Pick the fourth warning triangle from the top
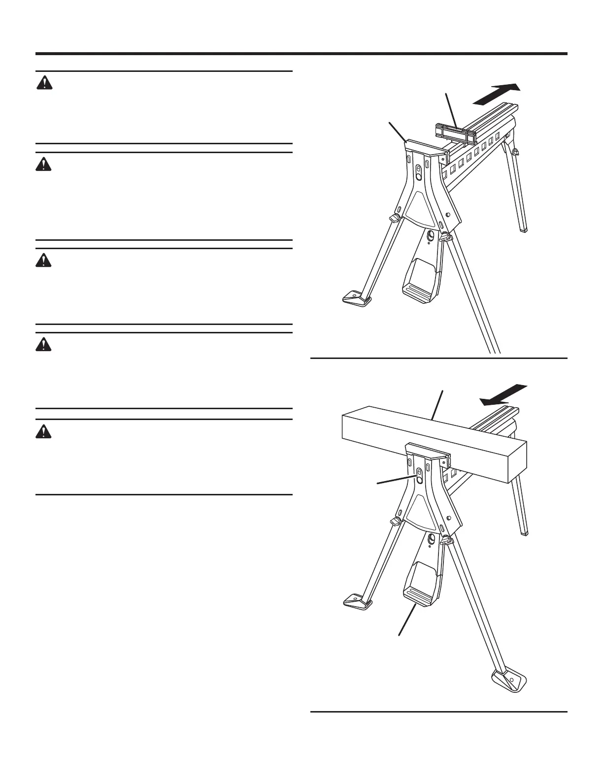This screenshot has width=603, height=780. click(44, 344)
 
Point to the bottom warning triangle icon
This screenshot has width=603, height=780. click(44, 431)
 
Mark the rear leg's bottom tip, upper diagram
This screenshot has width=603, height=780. click(523, 228)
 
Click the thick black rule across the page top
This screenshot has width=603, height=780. click(301, 54)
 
